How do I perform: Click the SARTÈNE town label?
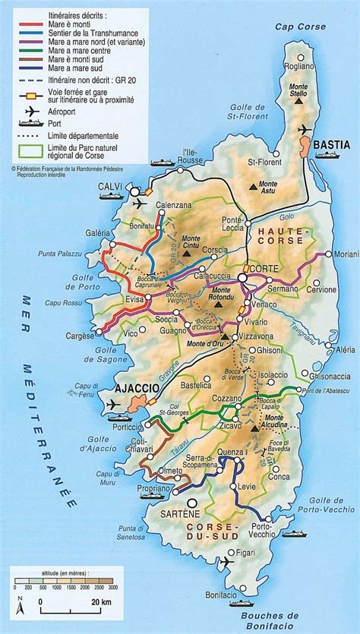(x=204, y=515)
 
